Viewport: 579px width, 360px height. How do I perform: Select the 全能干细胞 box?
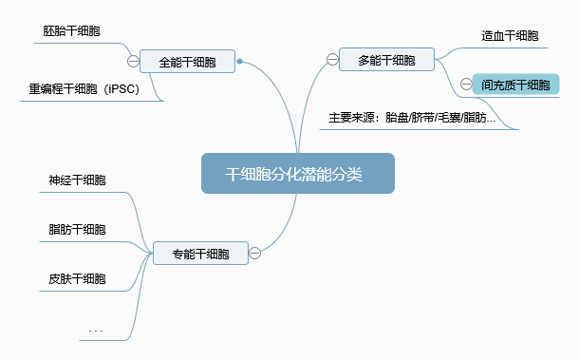tap(187, 62)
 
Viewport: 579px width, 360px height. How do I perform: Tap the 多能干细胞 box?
tap(386, 60)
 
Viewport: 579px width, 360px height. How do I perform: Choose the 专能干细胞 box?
tap(200, 254)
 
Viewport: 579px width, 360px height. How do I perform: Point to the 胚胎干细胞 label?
tap(72, 31)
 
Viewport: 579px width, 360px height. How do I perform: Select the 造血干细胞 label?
tap(510, 36)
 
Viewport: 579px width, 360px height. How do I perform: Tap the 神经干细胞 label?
tap(77, 180)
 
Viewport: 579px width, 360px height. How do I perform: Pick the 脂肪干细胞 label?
tap(77, 230)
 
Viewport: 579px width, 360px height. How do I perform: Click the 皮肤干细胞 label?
tap(77, 279)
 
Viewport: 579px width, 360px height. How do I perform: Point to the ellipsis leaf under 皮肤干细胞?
tap(95, 330)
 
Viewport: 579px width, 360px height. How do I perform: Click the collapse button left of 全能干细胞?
tap(133, 62)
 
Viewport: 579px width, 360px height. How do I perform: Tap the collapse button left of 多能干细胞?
tap(332, 60)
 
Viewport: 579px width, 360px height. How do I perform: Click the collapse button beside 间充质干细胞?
tap(465, 85)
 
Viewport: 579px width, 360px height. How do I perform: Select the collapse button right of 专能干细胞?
tap(255, 254)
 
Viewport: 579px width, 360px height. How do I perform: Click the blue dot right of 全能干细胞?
tap(240, 62)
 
